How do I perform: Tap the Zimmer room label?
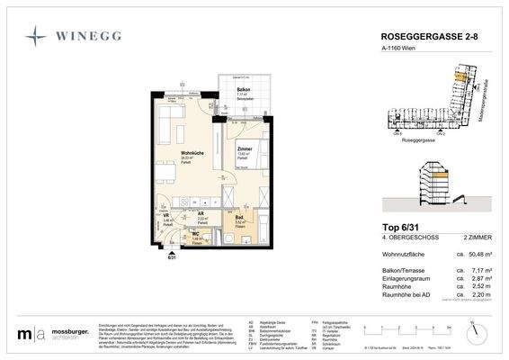click(x=245, y=148)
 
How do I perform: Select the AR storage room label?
click(x=201, y=214)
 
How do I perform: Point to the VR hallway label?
click(x=166, y=216)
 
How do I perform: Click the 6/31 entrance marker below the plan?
click(x=172, y=258)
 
